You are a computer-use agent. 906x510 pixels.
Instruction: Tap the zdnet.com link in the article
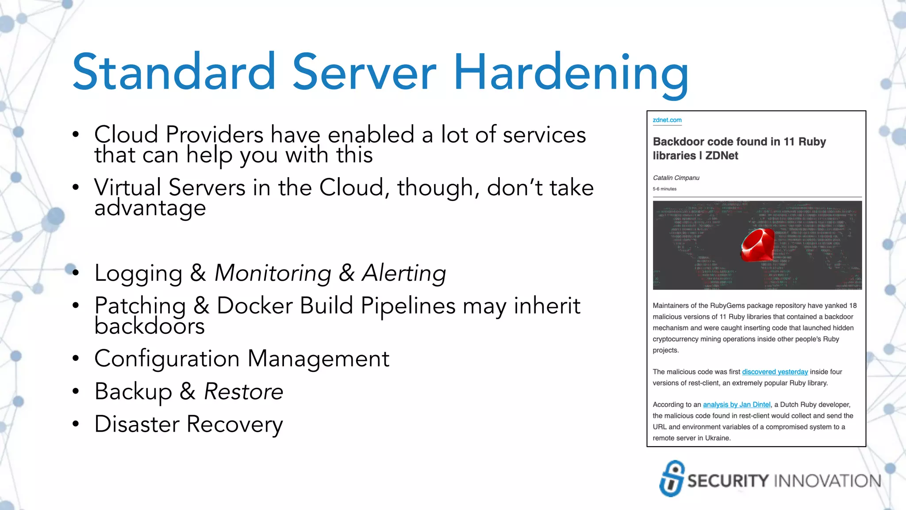(667, 120)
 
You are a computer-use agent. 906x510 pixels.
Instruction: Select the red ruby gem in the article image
(758, 245)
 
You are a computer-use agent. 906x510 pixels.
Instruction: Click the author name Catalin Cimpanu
(676, 178)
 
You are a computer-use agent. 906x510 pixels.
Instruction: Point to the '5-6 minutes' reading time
(664, 189)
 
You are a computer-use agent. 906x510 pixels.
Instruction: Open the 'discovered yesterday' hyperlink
(775, 372)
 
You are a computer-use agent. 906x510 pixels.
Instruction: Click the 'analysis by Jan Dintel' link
(737, 405)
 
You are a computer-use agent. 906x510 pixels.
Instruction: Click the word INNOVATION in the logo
(828, 481)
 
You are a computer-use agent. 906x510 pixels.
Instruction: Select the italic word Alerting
(404, 273)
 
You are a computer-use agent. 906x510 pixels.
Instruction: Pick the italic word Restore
(243, 392)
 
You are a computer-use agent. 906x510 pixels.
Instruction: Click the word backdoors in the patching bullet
(150, 327)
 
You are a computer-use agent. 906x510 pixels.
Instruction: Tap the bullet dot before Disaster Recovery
(76, 424)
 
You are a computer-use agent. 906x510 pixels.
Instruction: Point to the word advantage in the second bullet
(150, 208)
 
